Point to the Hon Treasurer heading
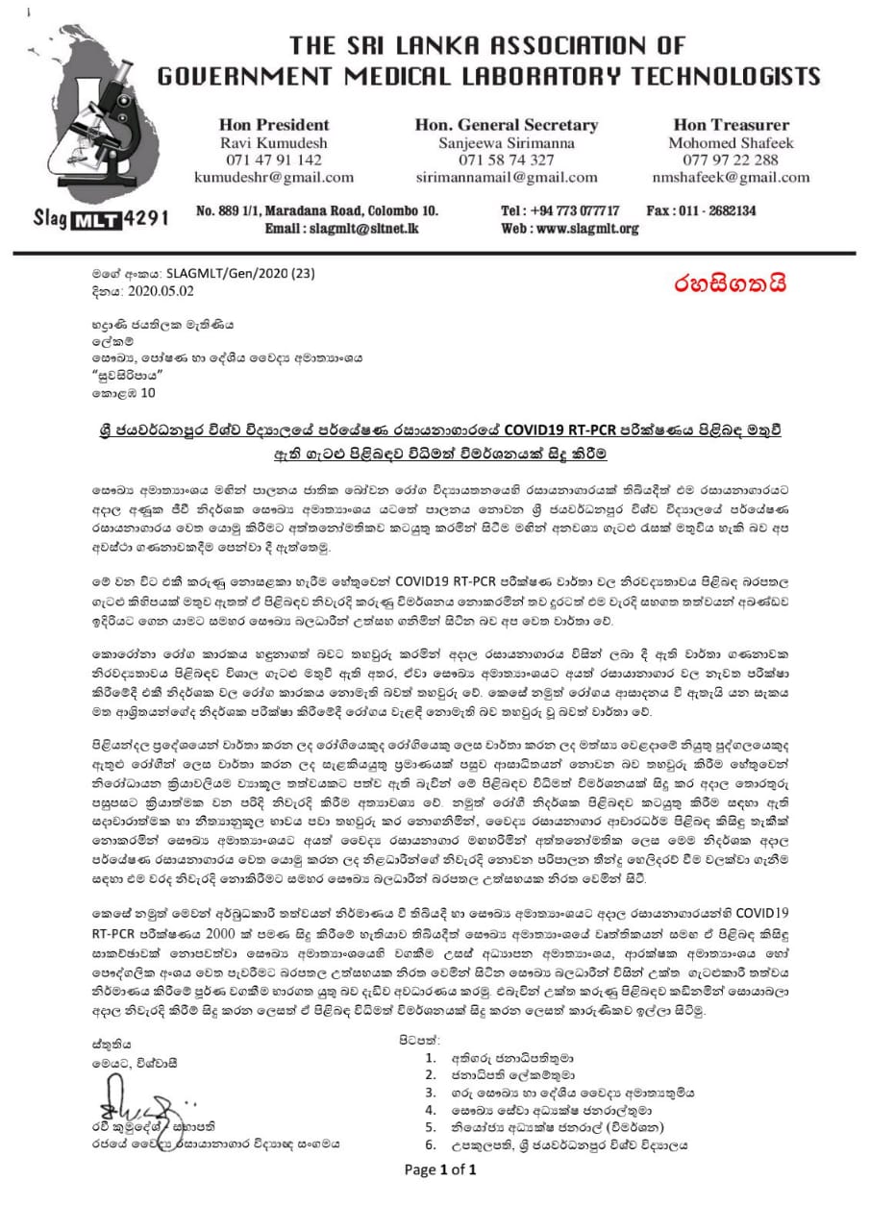point(732,125)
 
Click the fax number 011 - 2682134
point(701,209)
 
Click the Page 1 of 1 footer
point(439,1169)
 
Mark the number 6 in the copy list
point(431,1145)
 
